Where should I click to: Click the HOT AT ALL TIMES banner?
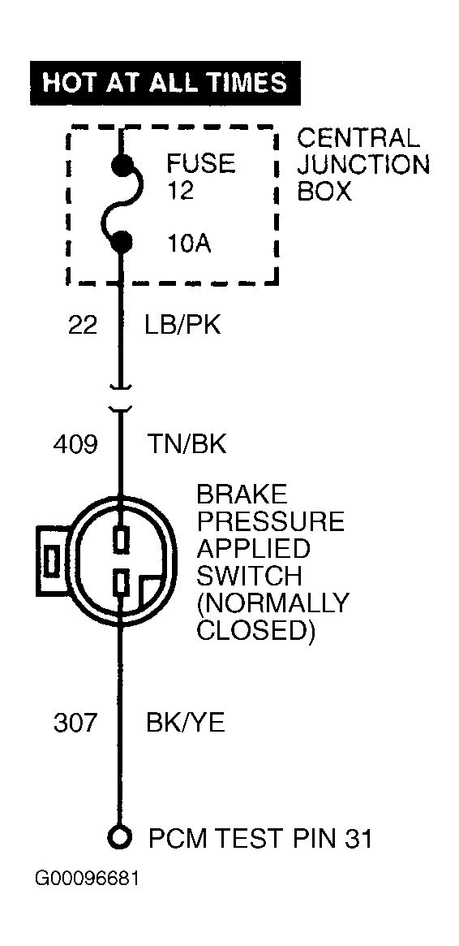click(x=165, y=83)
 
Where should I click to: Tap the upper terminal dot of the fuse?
click(x=122, y=165)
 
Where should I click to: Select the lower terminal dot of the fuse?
click(x=122, y=242)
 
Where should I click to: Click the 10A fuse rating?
click(x=189, y=244)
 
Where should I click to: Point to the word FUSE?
click(x=200, y=163)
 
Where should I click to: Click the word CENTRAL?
click(x=358, y=138)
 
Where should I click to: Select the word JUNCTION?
click(x=363, y=165)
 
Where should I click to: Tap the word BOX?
click(x=324, y=192)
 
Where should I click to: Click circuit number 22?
click(x=83, y=326)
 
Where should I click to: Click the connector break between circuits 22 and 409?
click(x=122, y=399)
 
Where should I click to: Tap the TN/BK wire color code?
click(x=187, y=445)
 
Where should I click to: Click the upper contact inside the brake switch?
click(x=122, y=540)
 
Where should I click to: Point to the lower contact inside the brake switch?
click(x=122, y=583)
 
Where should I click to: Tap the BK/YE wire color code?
click(x=186, y=722)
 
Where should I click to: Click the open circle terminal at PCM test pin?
click(x=119, y=838)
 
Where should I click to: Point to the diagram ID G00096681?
click(x=87, y=879)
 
